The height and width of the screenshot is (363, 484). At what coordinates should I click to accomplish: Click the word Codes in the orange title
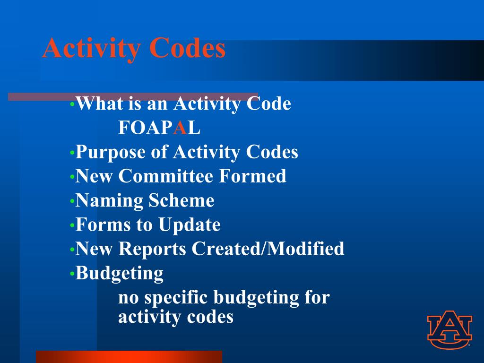coord(188,48)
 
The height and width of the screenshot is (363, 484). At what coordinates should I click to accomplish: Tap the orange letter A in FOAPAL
coord(180,128)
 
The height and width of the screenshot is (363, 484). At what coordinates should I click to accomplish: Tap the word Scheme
coord(181,200)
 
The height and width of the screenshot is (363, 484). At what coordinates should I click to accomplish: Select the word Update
coord(190,225)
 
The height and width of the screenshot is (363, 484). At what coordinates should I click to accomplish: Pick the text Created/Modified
coord(268,249)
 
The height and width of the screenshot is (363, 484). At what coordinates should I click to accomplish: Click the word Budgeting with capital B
coord(120,273)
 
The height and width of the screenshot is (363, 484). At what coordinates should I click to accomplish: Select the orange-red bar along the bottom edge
coord(129,356)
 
